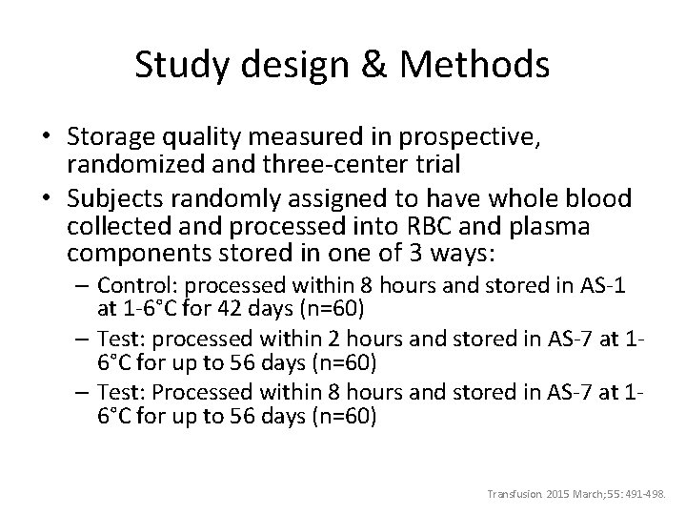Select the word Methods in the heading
click(x=475, y=65)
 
